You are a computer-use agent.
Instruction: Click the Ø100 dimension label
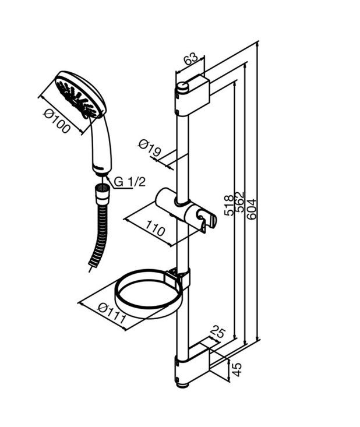tap(57, 121)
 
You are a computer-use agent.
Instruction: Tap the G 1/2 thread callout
tap(130, 182)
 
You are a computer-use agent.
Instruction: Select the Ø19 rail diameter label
tap(150, 147)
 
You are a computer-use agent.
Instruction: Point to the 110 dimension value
tap(155, 228)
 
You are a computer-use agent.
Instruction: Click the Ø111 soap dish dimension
tap(112, 313)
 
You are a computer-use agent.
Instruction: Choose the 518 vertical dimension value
tap(229, 205)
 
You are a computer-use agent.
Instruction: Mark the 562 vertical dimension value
tap(240, 202)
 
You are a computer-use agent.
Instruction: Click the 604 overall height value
tap(251, 209)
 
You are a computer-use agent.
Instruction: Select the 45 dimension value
tap(237, 369)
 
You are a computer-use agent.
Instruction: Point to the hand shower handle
tap(101, 146)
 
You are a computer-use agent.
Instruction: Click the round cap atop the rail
tap(182, 87)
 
